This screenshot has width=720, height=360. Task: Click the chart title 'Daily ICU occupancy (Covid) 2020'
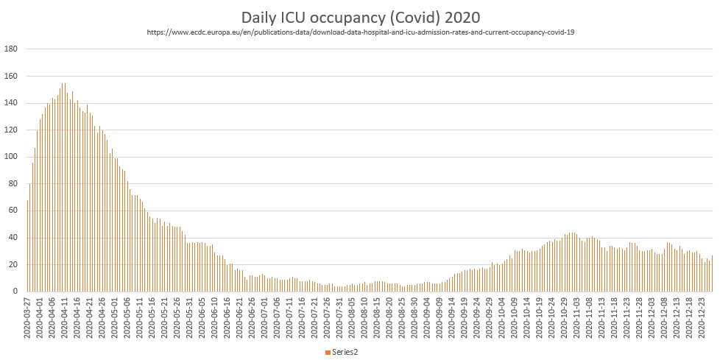[360, 16]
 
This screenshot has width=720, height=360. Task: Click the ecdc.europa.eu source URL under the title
[360, 32]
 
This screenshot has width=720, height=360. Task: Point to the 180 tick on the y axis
[11, 49]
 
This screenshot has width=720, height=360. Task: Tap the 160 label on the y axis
[11, 76]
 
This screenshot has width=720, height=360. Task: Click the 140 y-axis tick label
[11, 103]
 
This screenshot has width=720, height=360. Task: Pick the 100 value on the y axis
[11, 157]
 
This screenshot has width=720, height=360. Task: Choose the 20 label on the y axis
[13, 264]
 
